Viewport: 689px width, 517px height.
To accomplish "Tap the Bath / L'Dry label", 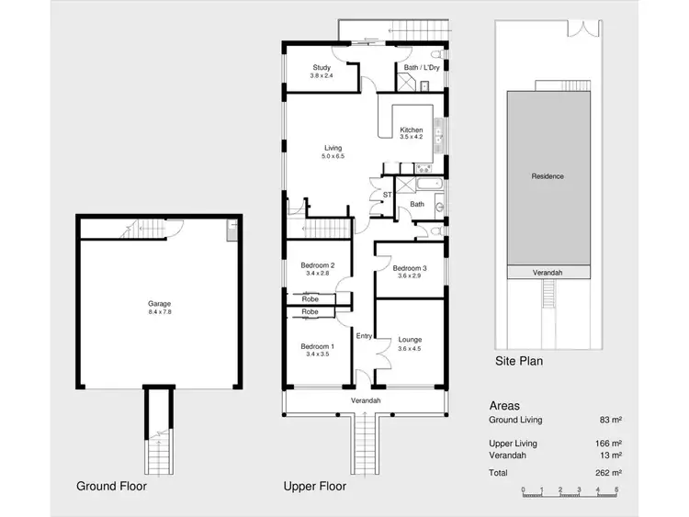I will coord(420,67).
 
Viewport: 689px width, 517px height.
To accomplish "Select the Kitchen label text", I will coord(411,130).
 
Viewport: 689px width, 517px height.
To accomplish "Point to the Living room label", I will coord(332,148).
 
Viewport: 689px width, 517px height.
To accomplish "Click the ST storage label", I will coord(387,194).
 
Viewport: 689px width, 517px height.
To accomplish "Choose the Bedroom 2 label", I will coord(316,265).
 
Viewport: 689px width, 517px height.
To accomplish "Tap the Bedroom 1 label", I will coord(316,345).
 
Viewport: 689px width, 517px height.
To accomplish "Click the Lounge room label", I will coord(409,339).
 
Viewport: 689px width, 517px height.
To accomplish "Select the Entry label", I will coord(364,335).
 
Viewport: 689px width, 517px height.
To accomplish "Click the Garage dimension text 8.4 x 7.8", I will coord(160,311).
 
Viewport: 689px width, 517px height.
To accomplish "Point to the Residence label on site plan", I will coord(548,175).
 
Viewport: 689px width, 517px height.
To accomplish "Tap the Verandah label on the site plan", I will coord(548,273).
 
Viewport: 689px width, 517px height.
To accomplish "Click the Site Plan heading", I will coord(518,361).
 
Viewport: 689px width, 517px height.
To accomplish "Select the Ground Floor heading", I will coord(113,486).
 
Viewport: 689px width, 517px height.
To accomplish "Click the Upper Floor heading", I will coord(315,486).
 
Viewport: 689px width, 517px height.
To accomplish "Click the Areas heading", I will coord(504,405).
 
